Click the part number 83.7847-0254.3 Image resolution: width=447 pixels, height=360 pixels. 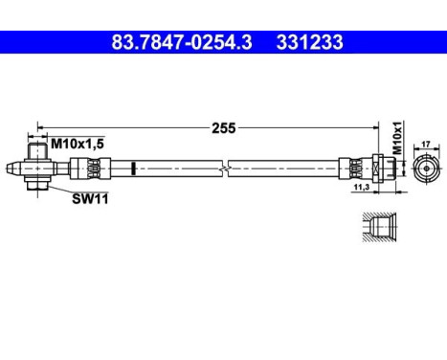tap(182, 42)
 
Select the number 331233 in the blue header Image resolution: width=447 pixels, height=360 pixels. tap(309, 42)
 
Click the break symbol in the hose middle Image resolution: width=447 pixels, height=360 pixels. tap(224, 169)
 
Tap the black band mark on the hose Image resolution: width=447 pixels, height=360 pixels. tap(132, 169)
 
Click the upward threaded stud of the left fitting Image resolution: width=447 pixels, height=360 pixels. tap(36, 150)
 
